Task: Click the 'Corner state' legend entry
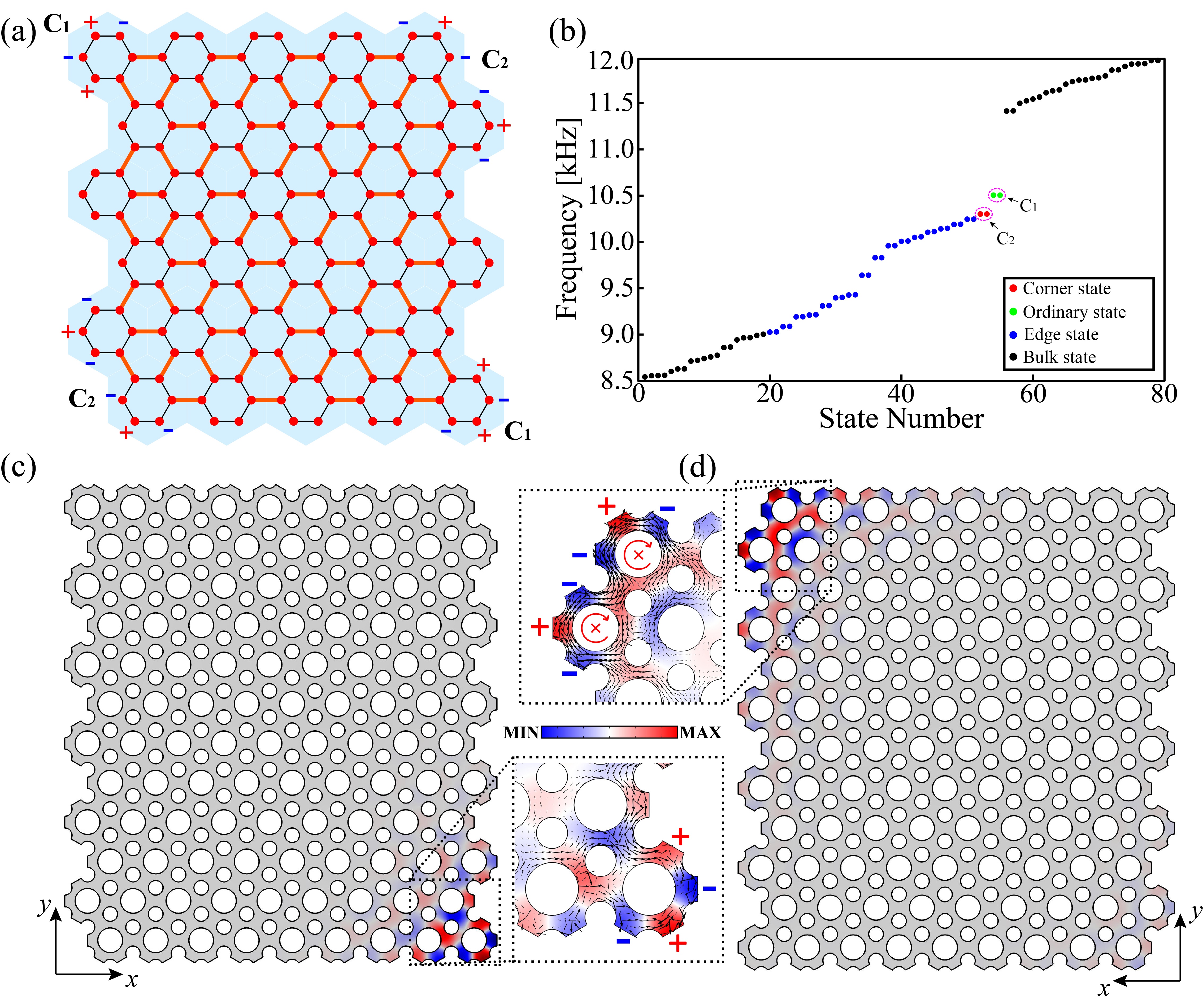[x=1066, y=289]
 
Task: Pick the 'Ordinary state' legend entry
[x=1074, y=312]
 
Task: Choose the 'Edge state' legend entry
[x=1060, y=334]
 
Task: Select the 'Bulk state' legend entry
[x=1059, y=357]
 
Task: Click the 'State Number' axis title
[x=901, y=419]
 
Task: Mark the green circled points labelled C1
[x=997, y=195]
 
